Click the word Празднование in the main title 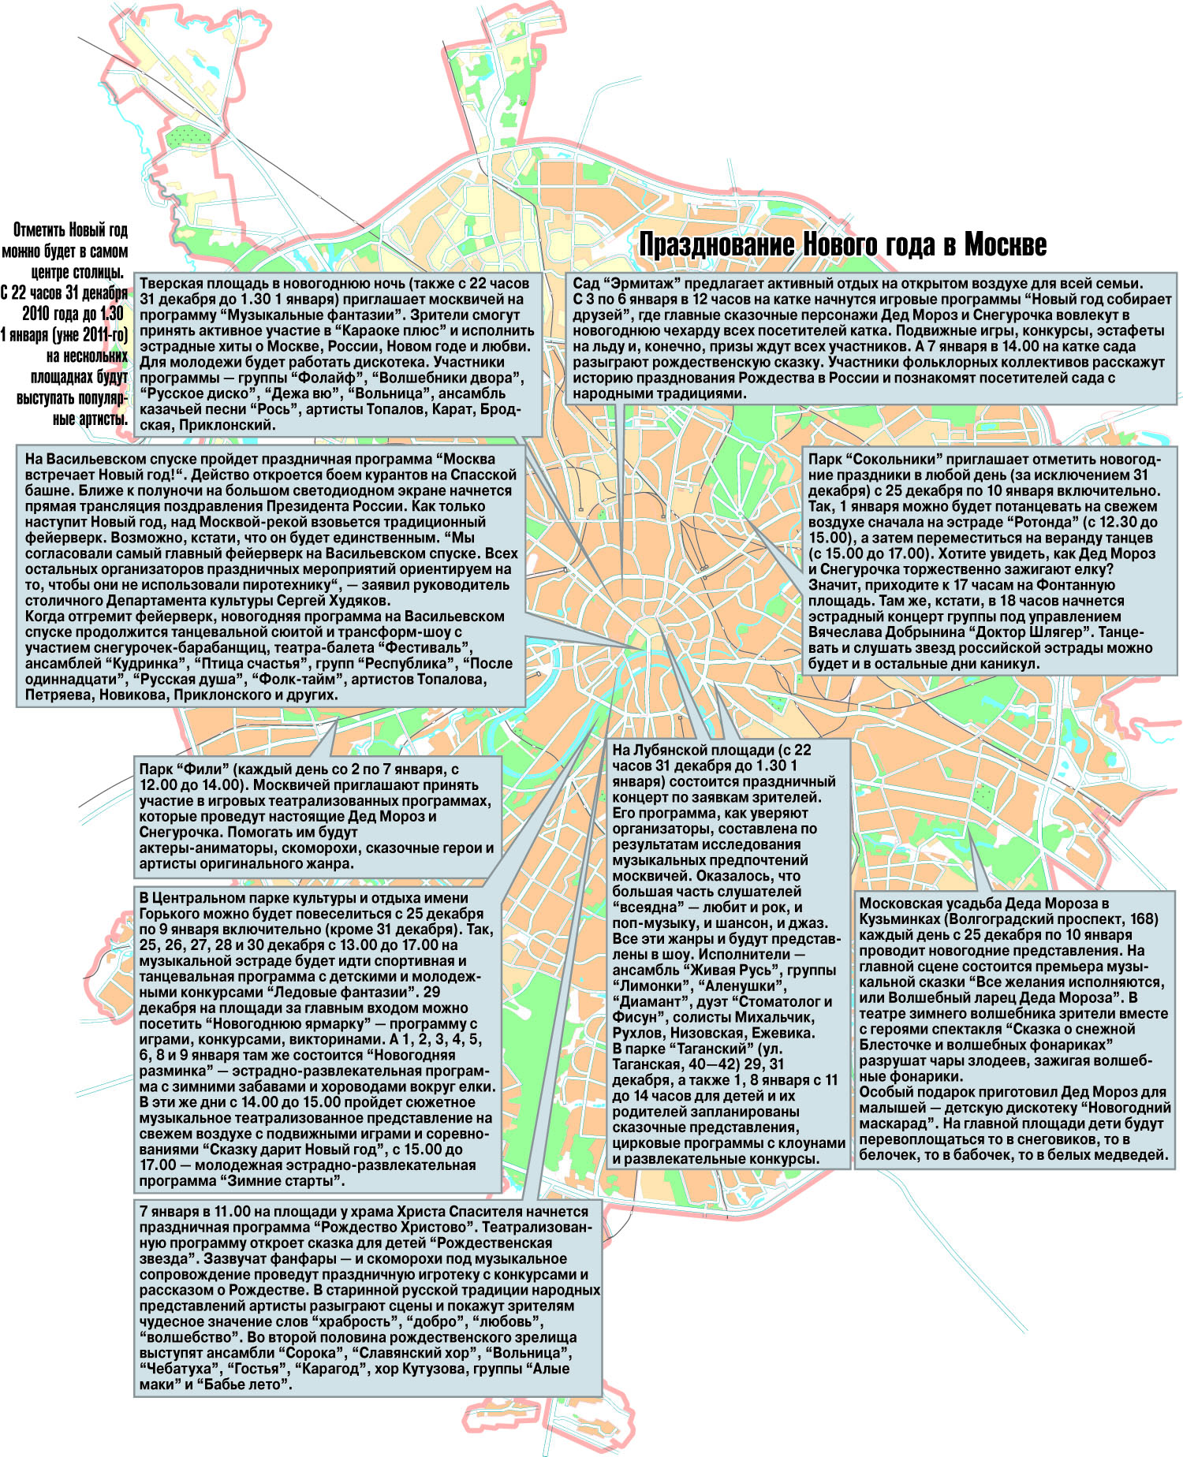(x=717, y=245)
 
